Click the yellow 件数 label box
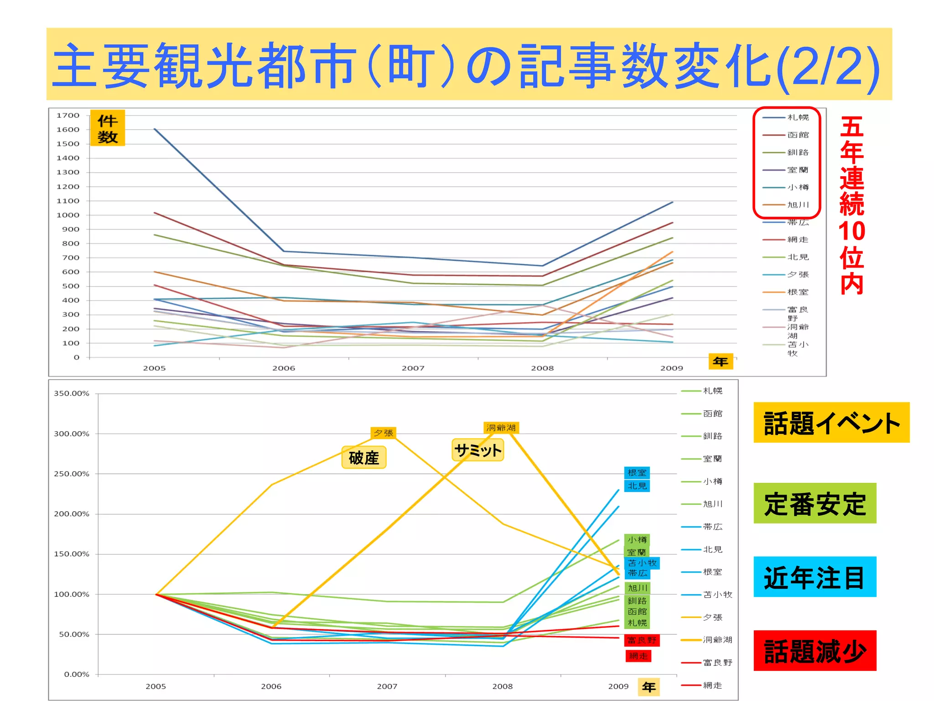(x=107, y=128)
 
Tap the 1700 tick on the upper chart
(x=67, y=115)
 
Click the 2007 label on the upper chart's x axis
(x=413, y=368)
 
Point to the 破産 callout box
(x=364, y=458)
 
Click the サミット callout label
(x=477, y=450)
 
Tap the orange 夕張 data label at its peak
(x=383, y=433)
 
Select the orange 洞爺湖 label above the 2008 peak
(x=501, y=428)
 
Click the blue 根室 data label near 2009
(x=637, y=473)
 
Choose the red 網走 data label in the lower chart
(x=638, y=656)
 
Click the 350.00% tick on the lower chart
(x=72, y=393)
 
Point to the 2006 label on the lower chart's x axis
(x=271, y=686)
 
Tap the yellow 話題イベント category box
(x=831, y=423)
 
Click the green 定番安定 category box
(x=815, y=503)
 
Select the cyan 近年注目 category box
(x=815, y=577)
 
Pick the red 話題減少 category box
(x=815, y=650)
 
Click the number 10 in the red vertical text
(x=851, y=231)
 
